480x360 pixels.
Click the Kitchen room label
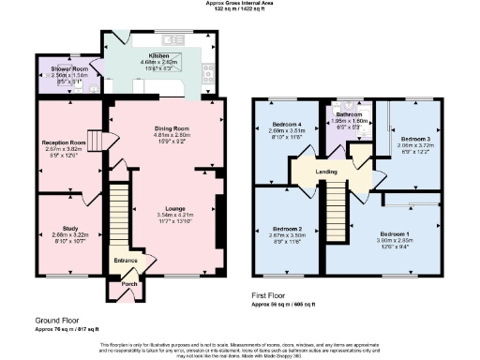pyautogui.click(x=144, y=56)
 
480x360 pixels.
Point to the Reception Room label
pyautogui.click(x=64, y=142)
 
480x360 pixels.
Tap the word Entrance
pyautogui.click(x=126, y=260)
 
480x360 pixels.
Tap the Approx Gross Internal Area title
pyautogui.click(x=240, y=3)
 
